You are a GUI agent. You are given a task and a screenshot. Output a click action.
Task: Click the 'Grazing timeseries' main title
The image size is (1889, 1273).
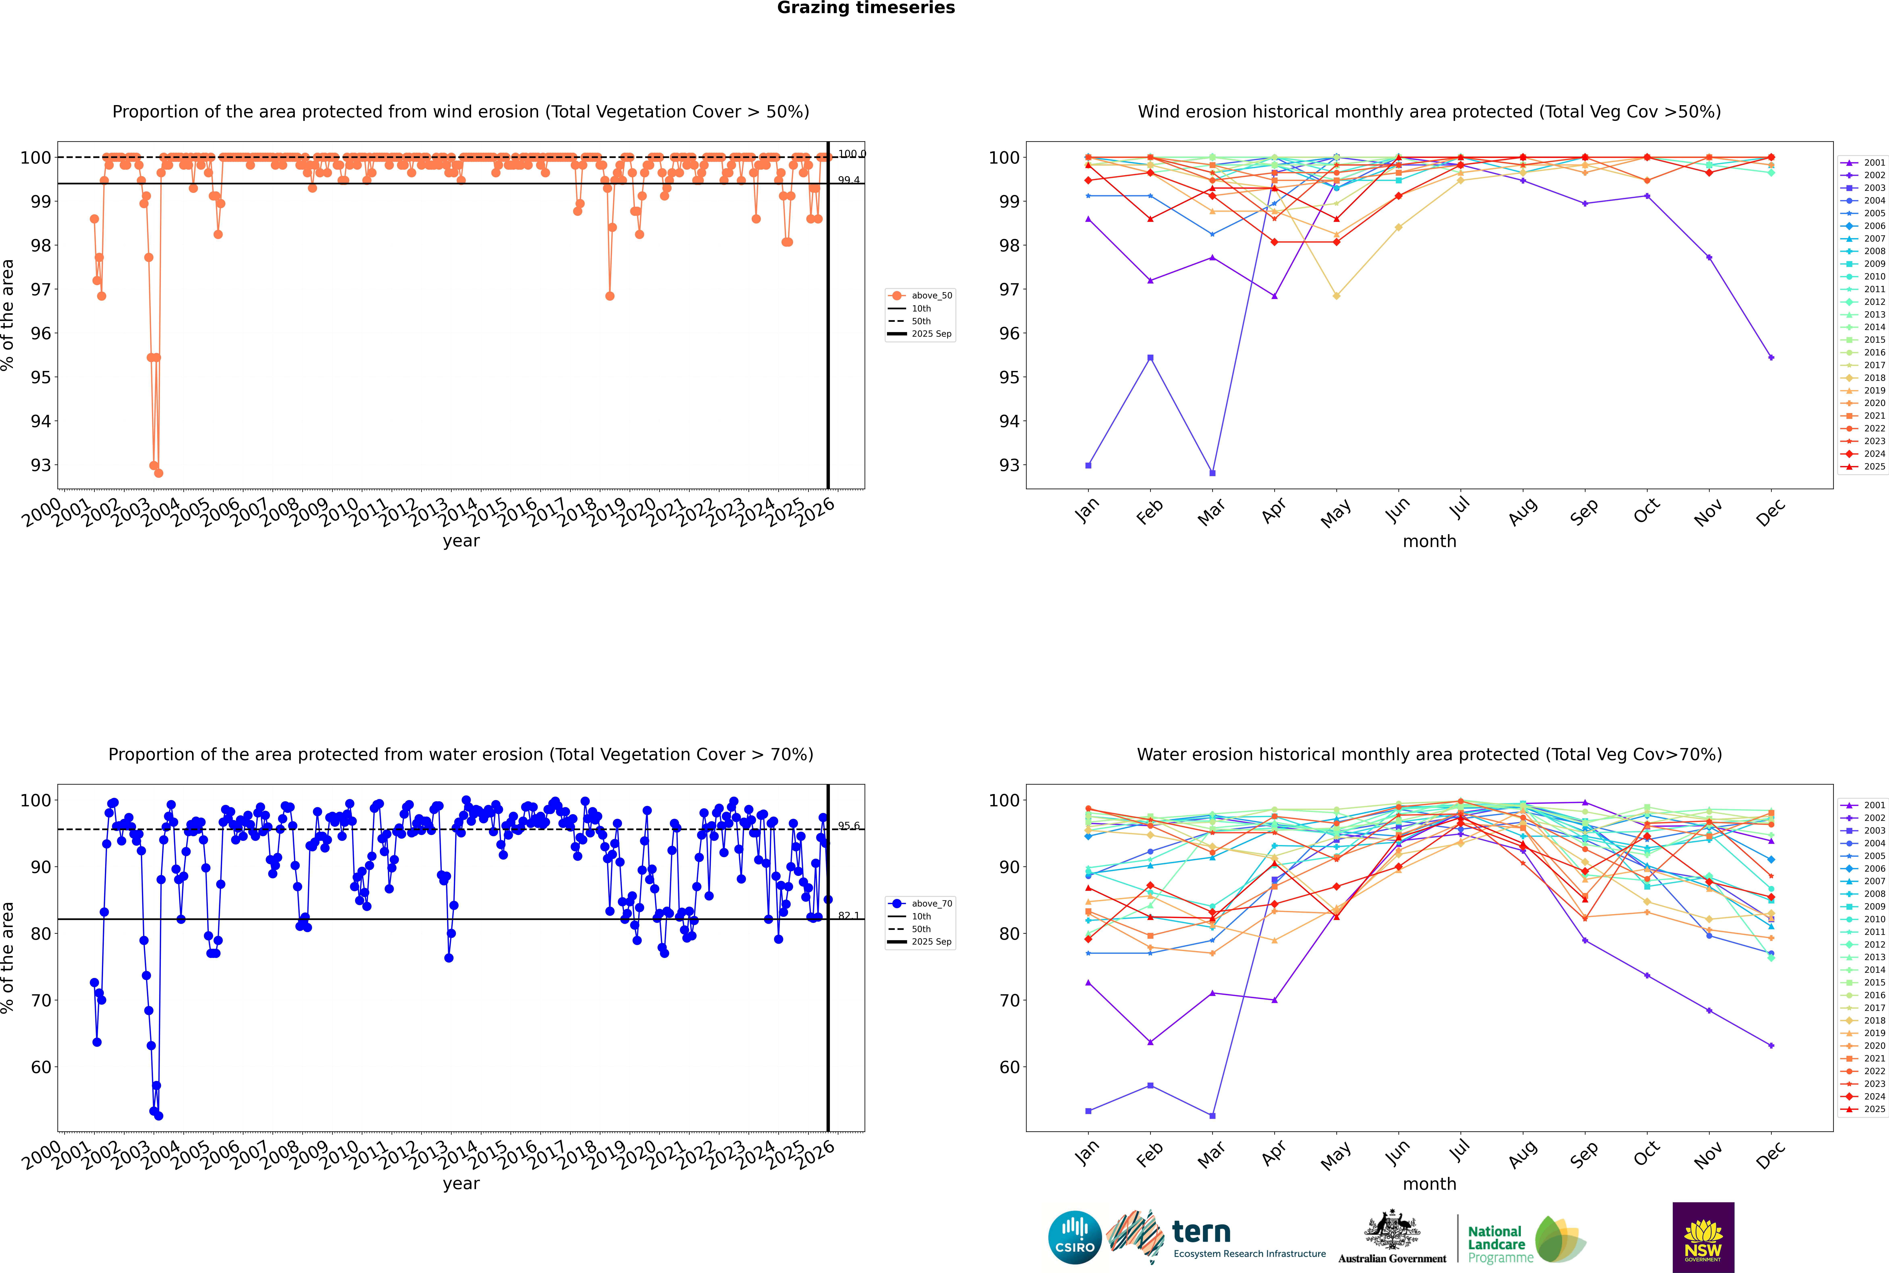866,8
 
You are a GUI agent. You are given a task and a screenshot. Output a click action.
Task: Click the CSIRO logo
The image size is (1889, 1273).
1074,1237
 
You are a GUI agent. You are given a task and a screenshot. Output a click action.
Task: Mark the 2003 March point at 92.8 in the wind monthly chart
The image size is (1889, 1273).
1212,472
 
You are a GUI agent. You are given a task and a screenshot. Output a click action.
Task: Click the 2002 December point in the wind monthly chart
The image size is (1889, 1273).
1771,357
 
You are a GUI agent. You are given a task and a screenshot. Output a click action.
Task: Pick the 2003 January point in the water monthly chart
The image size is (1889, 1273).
1088,1111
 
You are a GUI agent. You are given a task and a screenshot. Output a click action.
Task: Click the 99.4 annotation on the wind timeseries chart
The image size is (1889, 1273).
849,180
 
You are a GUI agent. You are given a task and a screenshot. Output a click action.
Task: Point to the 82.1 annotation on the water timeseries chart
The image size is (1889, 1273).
849,916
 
